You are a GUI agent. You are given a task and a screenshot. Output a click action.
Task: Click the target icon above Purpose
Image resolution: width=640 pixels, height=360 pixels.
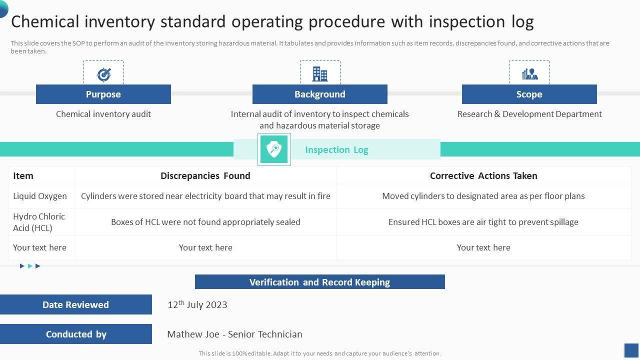103,74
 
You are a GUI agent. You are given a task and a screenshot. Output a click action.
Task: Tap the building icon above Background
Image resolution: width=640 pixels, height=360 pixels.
320,73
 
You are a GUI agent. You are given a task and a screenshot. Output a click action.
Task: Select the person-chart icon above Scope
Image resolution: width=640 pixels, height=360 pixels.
529,74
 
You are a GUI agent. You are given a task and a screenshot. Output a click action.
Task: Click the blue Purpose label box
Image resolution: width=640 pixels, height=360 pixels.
103,94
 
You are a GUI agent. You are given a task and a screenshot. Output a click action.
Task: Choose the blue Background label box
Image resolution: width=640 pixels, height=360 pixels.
320,94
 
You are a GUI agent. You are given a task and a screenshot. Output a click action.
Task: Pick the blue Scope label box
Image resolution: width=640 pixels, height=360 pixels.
529,94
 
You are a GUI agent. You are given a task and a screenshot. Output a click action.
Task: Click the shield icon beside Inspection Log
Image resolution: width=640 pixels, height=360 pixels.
274,149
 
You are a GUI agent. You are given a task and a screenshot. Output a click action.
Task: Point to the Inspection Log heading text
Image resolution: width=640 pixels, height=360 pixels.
336,149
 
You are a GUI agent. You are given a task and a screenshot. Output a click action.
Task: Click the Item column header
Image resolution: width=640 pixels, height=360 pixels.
23,175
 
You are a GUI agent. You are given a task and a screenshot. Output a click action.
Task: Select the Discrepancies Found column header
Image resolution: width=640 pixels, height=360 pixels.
205,175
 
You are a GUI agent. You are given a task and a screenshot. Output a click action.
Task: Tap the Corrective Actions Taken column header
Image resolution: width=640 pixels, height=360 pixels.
483,175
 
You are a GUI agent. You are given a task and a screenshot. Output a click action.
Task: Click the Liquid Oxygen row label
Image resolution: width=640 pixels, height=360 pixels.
40,196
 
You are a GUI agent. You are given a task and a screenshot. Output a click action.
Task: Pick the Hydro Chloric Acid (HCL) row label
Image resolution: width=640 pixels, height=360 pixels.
39,222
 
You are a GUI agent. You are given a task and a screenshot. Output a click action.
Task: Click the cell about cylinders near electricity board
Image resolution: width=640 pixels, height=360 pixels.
205,196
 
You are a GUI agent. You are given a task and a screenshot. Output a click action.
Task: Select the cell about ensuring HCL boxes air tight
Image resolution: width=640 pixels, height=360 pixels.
483,222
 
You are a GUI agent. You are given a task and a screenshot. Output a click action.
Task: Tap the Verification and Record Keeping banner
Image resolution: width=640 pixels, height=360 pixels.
320,282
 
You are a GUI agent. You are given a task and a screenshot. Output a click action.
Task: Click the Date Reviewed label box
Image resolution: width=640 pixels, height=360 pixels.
75,304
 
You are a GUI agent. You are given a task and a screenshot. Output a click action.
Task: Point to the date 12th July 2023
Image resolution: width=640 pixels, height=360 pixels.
197,304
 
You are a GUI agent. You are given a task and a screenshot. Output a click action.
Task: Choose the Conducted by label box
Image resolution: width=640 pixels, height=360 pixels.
76,334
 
